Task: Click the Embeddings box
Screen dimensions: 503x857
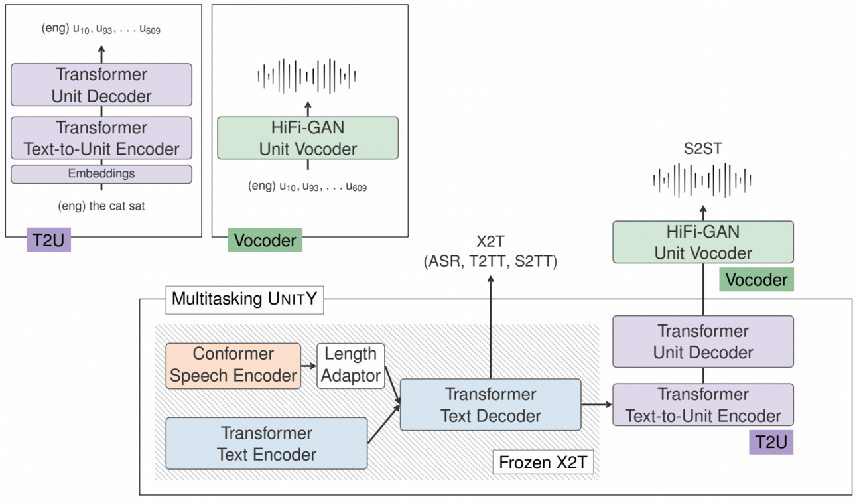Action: point(101,174)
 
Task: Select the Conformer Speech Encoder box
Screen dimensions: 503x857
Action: point(233,364)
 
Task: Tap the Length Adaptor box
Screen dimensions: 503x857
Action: point(351,364)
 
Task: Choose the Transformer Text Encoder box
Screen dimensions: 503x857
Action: point(267,443)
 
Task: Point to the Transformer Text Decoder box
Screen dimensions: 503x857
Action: point(491,405)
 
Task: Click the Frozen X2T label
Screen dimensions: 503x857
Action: point(543,463)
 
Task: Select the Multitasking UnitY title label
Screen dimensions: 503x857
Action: point(245,299)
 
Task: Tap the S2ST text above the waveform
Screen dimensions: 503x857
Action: point(703,149)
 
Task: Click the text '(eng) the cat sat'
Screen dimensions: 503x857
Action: point(101,206)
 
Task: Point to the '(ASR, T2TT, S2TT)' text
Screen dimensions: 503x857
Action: point(491,263)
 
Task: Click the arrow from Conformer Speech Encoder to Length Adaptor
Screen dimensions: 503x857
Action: point(308,365)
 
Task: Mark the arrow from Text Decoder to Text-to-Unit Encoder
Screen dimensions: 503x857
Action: point(596,404)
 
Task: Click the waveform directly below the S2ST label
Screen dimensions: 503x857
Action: point(702,179)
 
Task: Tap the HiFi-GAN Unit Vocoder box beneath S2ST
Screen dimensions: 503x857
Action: point(703,242)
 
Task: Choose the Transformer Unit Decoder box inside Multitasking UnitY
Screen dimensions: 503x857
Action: point(703,341)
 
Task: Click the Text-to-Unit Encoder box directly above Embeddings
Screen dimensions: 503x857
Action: point(101,138)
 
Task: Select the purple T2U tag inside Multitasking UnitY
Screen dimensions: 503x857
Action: point(771,441)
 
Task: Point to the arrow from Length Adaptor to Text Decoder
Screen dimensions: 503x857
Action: point(393,388)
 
